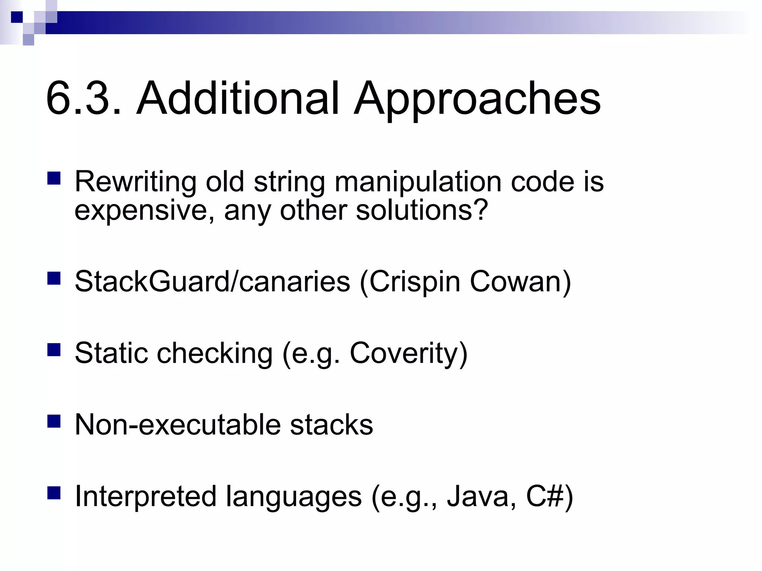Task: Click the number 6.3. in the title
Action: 84,99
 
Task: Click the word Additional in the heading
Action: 238,99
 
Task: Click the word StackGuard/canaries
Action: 212,281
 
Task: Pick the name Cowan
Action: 516,281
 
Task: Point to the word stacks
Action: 331,425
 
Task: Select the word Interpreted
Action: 145,497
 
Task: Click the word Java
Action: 478,496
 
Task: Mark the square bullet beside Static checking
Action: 54,350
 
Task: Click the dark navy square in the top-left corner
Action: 17,17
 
